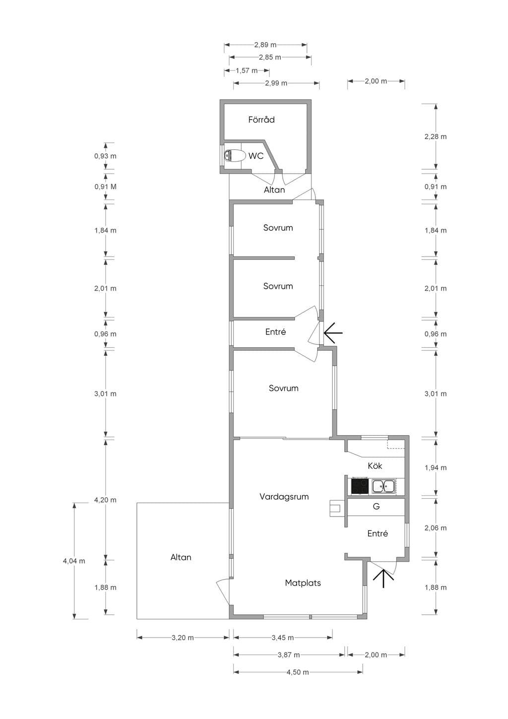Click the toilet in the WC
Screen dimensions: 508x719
click(x=233, y=155)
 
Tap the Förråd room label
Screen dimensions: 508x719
click(x=261, y=120)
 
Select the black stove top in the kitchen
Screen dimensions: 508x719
click(x=359, y=486)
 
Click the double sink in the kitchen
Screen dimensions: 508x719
click(x=383, y=486)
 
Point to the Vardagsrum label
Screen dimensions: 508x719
click(x=284, y=497)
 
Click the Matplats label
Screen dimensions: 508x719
click(x=303, y=583)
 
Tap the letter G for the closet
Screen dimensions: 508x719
click(x=376, y=506)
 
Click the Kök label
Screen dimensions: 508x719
click(x=375, y=465)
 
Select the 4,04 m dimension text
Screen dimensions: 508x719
click(x=74, y=561)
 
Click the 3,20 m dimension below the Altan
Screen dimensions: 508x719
click(x=183, y=638)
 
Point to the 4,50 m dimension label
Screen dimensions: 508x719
click(x=298, y=672)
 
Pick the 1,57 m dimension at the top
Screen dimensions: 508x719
click(x=247, y=70)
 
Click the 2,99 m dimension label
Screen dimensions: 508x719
click(x=276, y=83)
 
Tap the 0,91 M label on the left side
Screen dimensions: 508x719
click(x=105, y=187)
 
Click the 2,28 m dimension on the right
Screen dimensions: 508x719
click(x=436, y=136)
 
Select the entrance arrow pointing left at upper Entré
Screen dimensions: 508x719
click(x=333, y=333)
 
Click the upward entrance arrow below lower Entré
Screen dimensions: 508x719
click(x=383, y=579)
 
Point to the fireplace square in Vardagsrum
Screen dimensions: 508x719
click(x=337, y=508)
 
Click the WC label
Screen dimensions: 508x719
click(x=256, y=156)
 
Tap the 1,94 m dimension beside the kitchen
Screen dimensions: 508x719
click(x=436, y=467)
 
